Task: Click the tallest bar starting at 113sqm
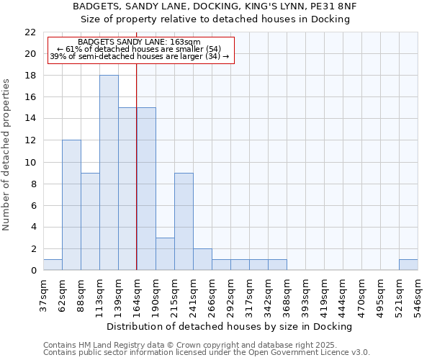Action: click(109, 173)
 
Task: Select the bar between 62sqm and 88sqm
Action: click(71, 205)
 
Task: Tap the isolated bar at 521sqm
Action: click(408, 265)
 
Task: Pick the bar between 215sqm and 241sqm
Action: click(184, 222)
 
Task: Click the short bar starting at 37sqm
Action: click(53, 265)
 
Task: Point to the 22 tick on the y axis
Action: click(30, 32)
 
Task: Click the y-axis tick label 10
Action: click(30, 163)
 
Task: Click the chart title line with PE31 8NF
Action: click(215, 6)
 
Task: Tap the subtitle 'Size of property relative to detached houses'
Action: click(215, 19)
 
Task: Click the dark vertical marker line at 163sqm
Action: click(137, 180)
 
